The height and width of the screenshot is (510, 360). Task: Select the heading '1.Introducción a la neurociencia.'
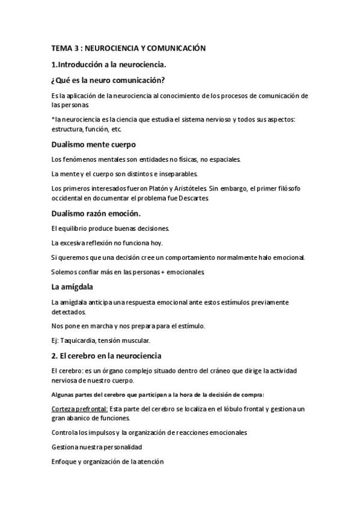tap(108, 64)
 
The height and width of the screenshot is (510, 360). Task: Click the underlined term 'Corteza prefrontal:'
tap(79, 409)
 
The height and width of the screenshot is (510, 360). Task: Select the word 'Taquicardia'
tap(78, 340)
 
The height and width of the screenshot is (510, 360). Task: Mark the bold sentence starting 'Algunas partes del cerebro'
tap(159, 395)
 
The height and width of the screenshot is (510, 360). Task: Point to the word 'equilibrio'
tap(75, 229)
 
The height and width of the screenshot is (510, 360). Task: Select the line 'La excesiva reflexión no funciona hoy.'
tap(108, 243)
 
